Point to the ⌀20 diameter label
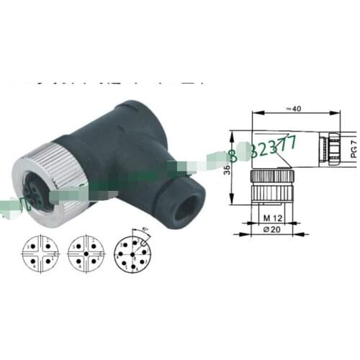[x=271, y=229]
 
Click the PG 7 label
[x=353, y=149]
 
